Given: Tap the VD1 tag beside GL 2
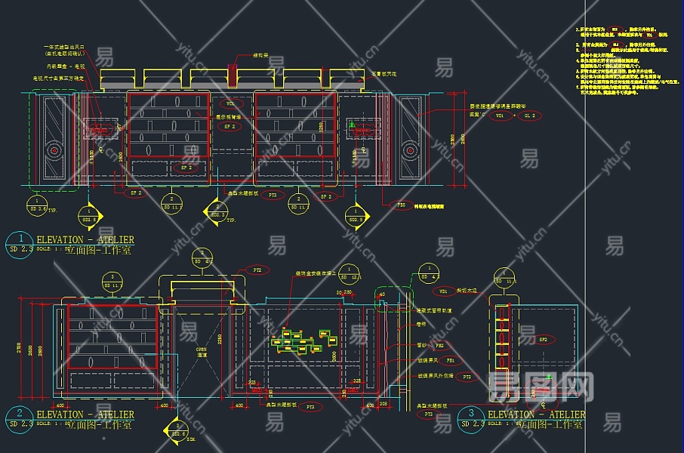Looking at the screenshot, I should click(499, 116).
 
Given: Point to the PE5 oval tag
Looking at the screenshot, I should click(402, 205).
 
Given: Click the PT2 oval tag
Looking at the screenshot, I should click(257, 269).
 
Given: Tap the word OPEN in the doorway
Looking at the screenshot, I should click(202, 350).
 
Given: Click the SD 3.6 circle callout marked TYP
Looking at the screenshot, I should click(37, 205).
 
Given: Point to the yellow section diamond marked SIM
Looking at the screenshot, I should click(178, 430).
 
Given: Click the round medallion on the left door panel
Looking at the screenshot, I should click(55, 149).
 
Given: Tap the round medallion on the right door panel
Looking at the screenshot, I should click(410, 149).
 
